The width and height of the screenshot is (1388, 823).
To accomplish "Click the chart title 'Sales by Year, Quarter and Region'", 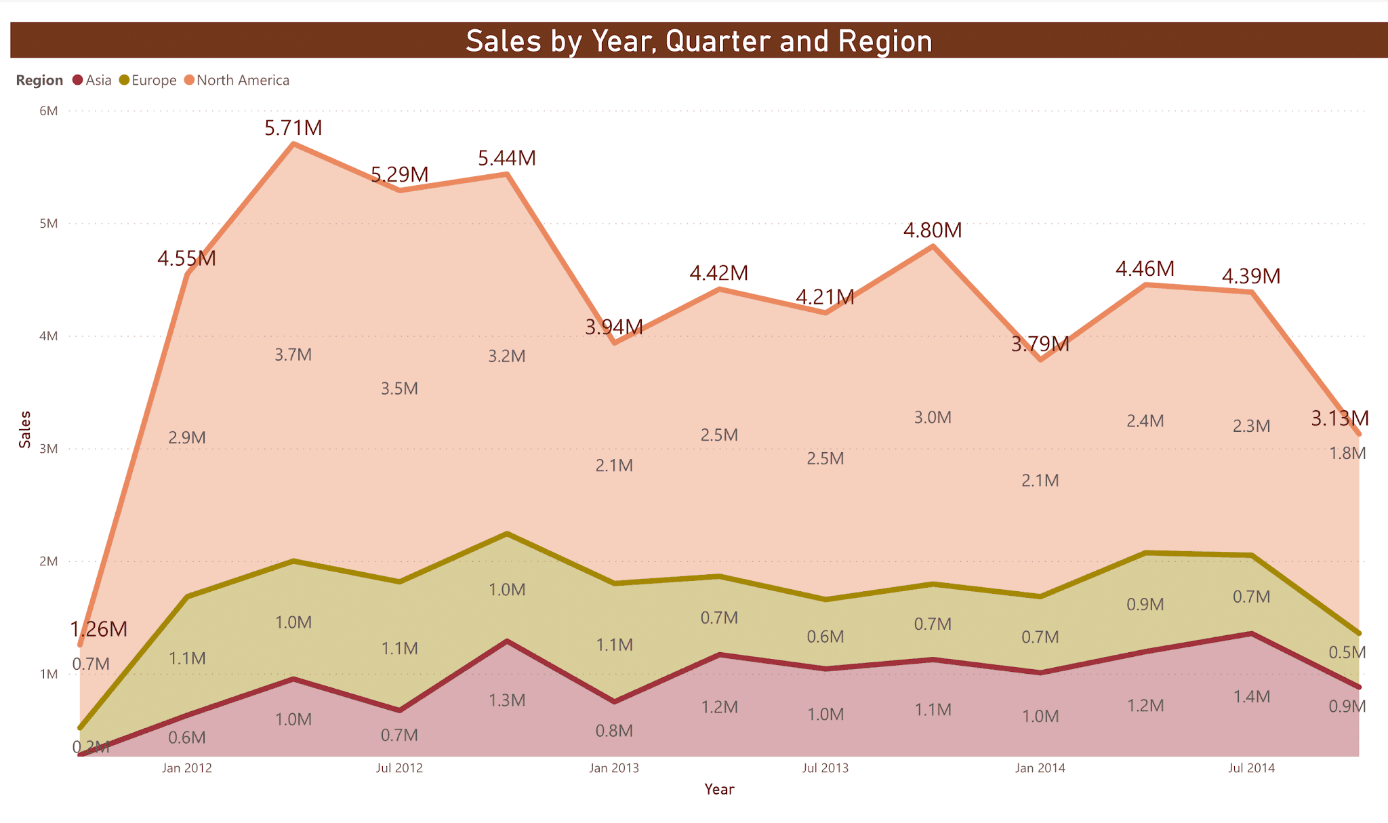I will click(x=699, y=41).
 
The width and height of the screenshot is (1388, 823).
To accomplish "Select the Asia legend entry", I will click(x=98, y=80).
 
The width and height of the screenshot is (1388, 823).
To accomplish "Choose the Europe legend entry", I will click(x=153, y=80).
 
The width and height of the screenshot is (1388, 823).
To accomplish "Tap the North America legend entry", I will click(x=242, y=80).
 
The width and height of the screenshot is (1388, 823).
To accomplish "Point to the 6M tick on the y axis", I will click(x=49, y=111).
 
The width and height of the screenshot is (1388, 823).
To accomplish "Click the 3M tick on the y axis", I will click(x=49, y=449).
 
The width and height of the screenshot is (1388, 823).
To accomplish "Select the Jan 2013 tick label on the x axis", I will click(x=614, y=768).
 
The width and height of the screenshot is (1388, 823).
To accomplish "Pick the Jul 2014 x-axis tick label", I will click(x=1251, y=768).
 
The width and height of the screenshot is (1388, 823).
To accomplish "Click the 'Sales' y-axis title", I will click(x=25, y=429).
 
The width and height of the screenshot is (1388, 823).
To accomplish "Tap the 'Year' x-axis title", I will click(x=719, y=789).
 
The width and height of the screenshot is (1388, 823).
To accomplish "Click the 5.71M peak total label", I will click(x=293, y=127).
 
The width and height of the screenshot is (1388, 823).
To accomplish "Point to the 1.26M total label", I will click(x=99, y=629).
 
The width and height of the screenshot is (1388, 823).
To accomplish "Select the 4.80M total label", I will click(x=933, y=230).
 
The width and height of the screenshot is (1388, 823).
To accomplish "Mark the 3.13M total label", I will click(x=1339, y=418).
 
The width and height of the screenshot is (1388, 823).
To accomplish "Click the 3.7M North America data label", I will click(x=293, y=355).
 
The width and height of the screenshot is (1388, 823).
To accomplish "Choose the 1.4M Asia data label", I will click(x=1251, y=696).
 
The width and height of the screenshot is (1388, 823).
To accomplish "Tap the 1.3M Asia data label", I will click(x=507, y=700).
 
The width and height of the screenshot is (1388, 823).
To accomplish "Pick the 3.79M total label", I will click(x=1040, y=344).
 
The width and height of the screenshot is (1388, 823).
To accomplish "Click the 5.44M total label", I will click(x=507, y=158).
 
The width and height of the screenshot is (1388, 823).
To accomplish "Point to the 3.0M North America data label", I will click(x=933, y=418).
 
